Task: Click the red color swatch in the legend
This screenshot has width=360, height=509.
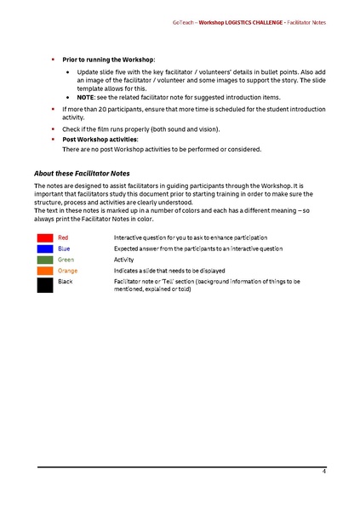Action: (45, 237)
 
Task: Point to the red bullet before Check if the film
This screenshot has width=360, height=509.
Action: (54, 129)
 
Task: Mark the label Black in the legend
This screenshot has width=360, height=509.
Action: (66, 281)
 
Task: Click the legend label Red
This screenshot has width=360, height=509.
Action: (63, 237)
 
